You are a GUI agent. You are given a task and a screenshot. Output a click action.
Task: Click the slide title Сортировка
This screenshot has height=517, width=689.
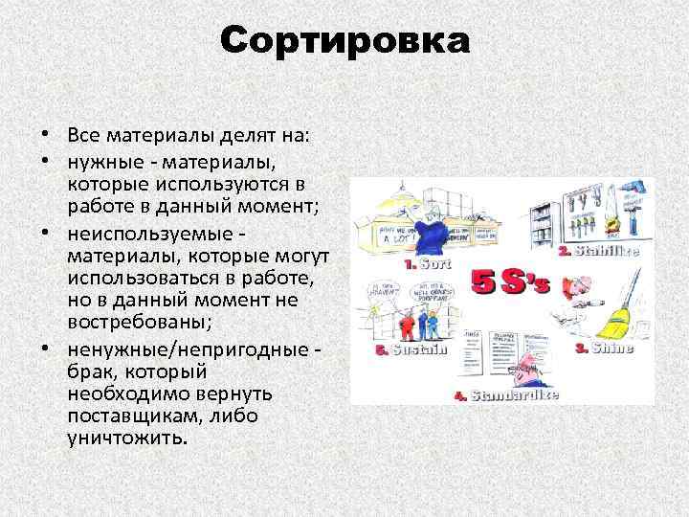(x=344, y=41)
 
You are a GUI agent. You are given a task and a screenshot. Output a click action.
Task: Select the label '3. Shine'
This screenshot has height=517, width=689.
(x=604, y=349)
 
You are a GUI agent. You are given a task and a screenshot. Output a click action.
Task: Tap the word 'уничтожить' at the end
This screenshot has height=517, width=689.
(x=127, y=438)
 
